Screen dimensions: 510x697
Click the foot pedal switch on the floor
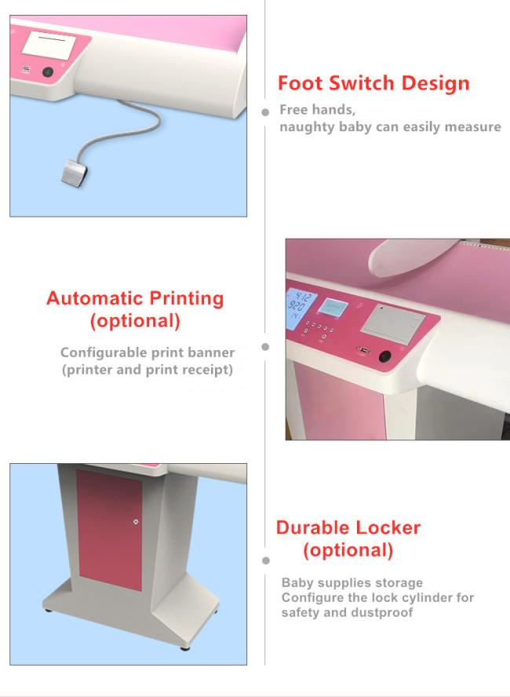(75, 172)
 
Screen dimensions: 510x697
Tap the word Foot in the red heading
(300, 83)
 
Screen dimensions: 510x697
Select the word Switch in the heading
(361, 83)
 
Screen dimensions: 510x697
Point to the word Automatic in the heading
(95, 297)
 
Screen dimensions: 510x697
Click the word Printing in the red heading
(186, 299)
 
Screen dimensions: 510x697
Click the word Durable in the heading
(311, 527)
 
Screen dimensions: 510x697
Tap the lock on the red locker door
(136, 521)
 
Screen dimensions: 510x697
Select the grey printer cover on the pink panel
(392, 323)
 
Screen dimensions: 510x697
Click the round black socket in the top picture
(48, 72)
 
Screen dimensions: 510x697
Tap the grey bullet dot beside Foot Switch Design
(265, 112)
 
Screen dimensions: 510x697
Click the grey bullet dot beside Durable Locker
(266, 560)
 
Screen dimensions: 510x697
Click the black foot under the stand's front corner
(185, 648)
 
